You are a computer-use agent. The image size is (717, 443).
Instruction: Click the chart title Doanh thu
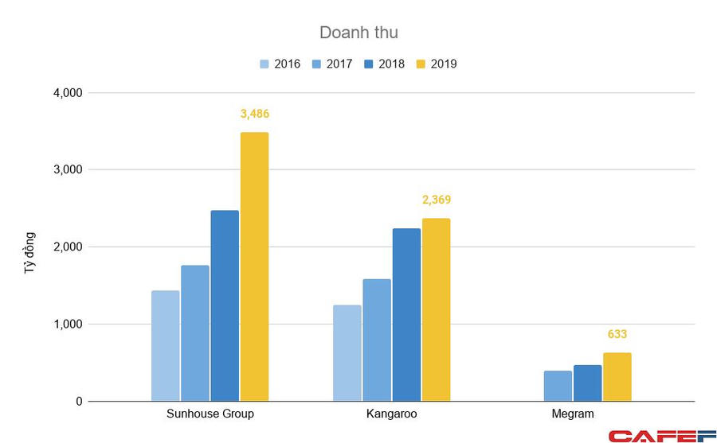(x=358, y=33)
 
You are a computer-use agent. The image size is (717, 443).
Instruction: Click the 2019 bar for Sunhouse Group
(x=254, y=266)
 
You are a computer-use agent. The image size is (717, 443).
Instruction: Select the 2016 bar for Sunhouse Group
(x=166, y=346)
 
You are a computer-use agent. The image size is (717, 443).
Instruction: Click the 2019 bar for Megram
(x=617, y=377)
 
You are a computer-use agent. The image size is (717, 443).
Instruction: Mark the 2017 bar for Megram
(x=558, y=386)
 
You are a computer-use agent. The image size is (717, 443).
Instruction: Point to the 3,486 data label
(x=254, y=114)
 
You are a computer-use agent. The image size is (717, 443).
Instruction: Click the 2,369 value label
(x=436, y=200)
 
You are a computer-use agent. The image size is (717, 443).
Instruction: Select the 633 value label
(x=617, y=334)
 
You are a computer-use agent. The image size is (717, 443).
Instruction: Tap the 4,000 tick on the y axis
(x=67, y=93)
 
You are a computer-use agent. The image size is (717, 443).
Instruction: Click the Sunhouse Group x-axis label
(x=210, y=414)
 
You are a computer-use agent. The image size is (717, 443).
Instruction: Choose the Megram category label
(x=573, y=414)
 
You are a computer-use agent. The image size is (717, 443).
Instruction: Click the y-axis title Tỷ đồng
(x=29, y=253)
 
